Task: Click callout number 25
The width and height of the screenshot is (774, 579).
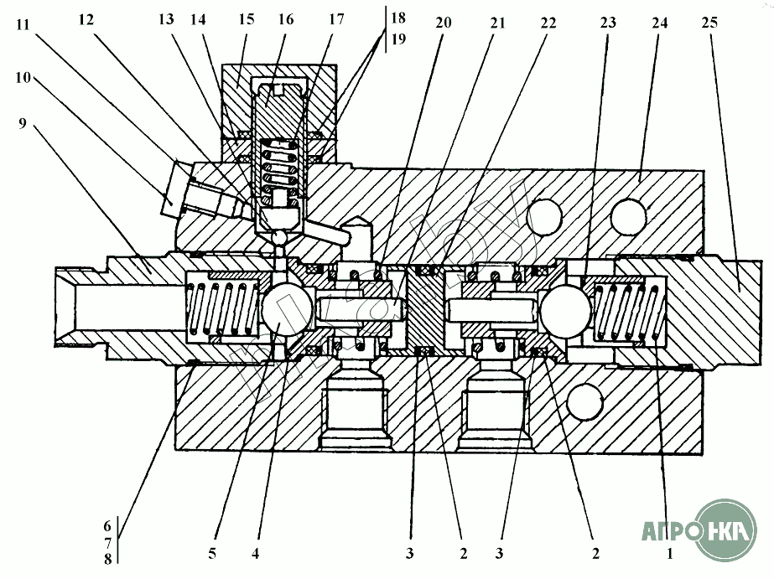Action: (709, 23)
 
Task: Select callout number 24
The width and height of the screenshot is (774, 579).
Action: (659, 23)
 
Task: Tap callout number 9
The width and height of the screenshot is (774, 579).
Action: (22, 123)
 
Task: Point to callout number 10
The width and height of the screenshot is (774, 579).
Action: (23, 77)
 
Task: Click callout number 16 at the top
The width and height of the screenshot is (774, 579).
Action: (286, 19)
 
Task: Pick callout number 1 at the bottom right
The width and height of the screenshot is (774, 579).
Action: (670, 553)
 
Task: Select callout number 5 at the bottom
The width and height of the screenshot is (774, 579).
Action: (212, 553)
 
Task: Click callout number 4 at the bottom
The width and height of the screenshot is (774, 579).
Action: (255, 553)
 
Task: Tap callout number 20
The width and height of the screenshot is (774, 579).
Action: (443, 22)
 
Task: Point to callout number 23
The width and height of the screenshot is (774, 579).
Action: (608, 22)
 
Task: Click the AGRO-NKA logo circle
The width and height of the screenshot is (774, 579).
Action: (725, 530)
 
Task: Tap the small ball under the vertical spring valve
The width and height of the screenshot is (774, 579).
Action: (279, 238)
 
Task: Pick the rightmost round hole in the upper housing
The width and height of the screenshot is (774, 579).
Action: (628, 216)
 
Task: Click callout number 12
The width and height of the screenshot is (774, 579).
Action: (86, 20)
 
